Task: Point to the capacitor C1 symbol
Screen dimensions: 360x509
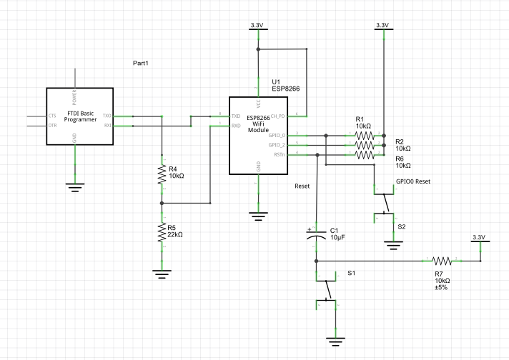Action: (316, 237)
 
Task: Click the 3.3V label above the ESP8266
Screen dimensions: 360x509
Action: (257, 25)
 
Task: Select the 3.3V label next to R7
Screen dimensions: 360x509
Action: (478, 237)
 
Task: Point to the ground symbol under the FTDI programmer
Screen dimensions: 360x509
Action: (74, 186)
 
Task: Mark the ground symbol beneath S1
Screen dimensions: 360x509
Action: (332, 341)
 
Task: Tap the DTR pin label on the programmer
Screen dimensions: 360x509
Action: (51, 125)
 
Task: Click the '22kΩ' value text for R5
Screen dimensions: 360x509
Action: (176, 234)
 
